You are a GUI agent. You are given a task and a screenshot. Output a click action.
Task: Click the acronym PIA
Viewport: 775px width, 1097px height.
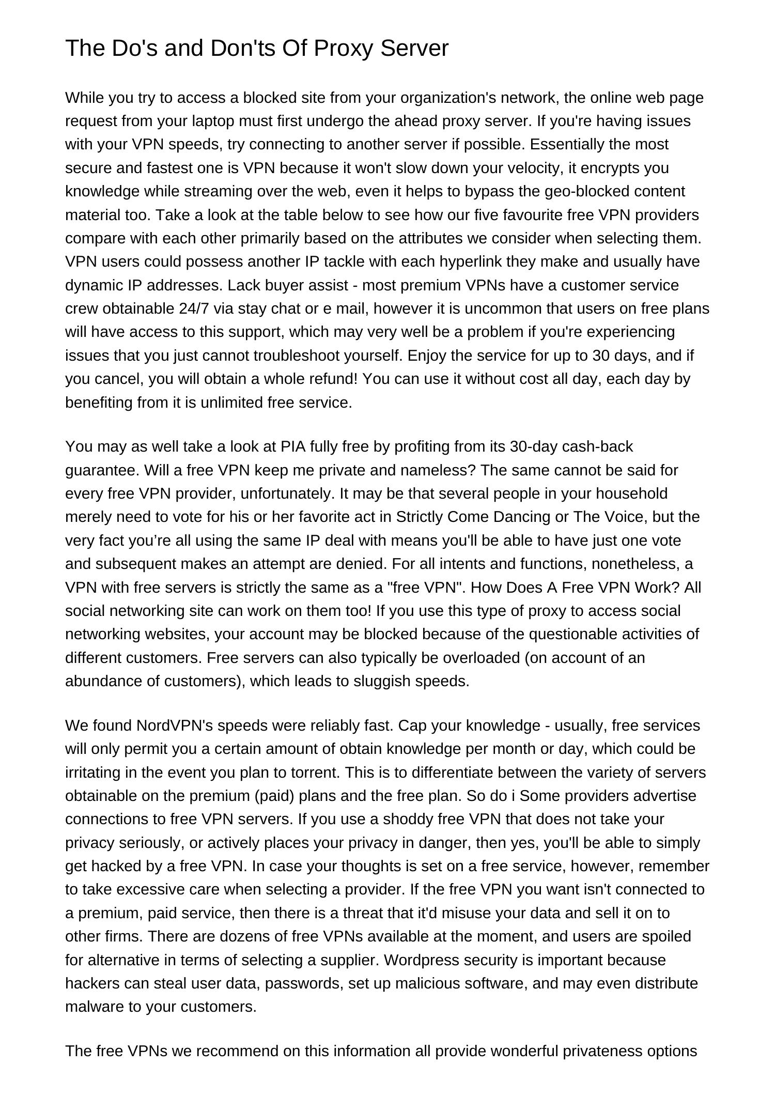tap(292, 446)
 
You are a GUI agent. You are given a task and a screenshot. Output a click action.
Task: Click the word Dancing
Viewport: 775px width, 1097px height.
tap(522, 517)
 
